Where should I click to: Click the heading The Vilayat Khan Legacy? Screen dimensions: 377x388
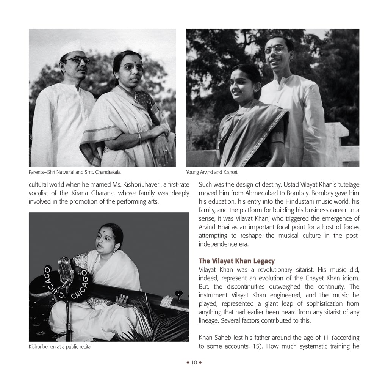236,261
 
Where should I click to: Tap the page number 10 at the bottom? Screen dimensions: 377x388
194,363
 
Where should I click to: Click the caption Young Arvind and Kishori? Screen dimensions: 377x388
212,172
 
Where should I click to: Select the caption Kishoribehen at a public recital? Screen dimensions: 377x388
60,347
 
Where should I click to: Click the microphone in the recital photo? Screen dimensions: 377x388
65,268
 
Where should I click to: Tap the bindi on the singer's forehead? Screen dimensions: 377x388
103,230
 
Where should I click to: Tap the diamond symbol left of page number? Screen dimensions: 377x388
188,363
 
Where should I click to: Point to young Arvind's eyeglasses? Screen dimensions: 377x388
275,50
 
